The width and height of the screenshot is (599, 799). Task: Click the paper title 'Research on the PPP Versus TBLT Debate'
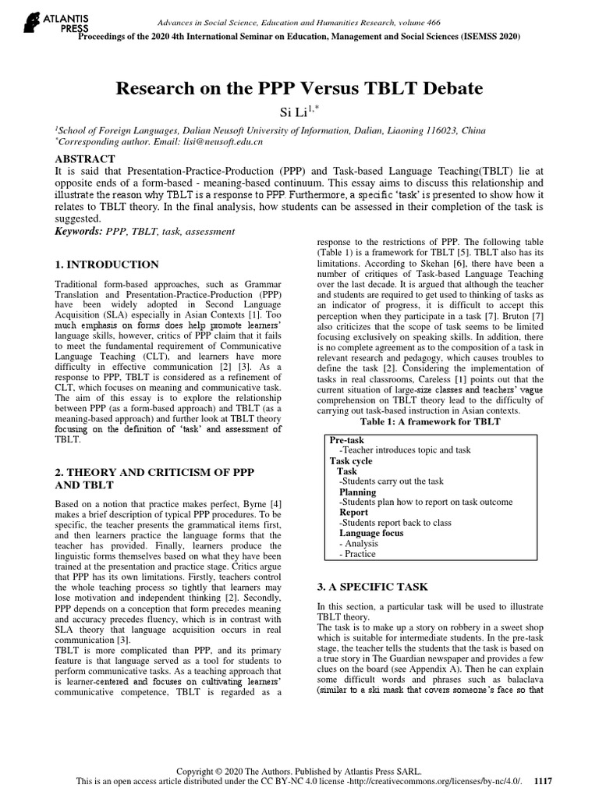pos(299,88)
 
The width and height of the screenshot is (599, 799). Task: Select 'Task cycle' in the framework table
pos(351,461)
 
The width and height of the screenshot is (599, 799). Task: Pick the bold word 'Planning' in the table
pos(357,492)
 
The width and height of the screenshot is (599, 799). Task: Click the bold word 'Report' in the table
pos(353,513)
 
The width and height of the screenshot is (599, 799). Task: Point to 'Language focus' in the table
pos(371,533)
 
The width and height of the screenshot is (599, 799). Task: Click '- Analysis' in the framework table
pos(359,544)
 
